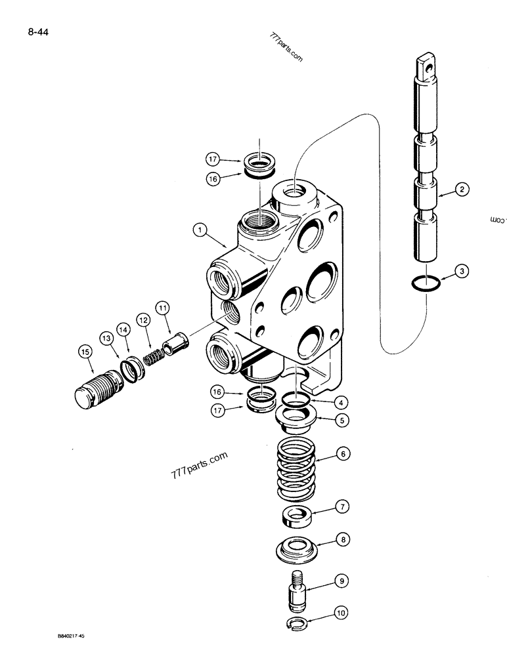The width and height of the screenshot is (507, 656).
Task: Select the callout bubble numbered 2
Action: pos(462,190)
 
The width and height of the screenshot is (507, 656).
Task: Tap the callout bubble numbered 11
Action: pos(162,306)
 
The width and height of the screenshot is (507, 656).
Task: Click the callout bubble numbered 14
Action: pos(123,328)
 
